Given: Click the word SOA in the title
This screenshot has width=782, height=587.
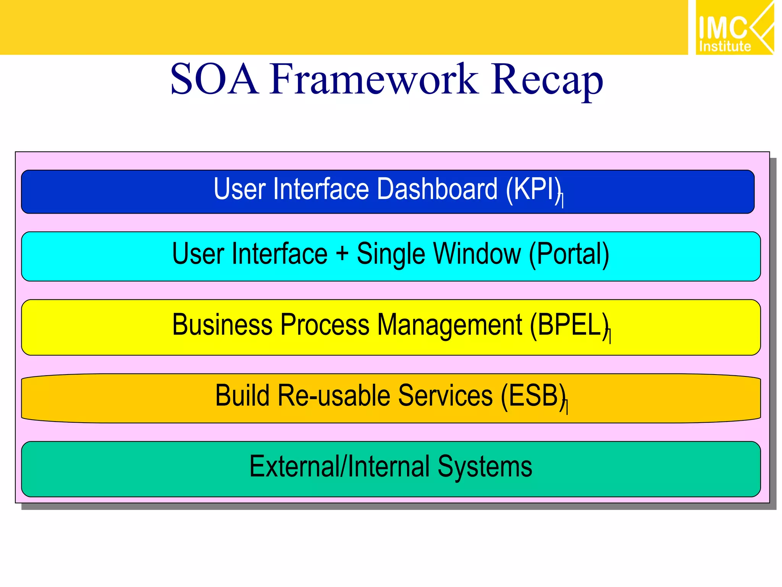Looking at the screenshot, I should (214, 79).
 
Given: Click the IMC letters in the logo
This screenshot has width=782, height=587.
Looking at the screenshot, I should (722, 28).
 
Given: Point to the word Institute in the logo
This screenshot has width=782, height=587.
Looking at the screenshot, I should (725, 47).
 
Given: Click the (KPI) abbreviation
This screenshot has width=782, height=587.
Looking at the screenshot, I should (534, 190).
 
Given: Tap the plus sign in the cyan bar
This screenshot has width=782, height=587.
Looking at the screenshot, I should (342, 254).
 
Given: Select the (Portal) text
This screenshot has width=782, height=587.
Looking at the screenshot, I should (569, 254).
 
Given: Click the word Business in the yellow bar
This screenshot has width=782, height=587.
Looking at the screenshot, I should (222, 325).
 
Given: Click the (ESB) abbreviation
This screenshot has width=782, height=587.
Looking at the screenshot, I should (533, 396).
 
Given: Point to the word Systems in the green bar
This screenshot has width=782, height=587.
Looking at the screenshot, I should (485, 467).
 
